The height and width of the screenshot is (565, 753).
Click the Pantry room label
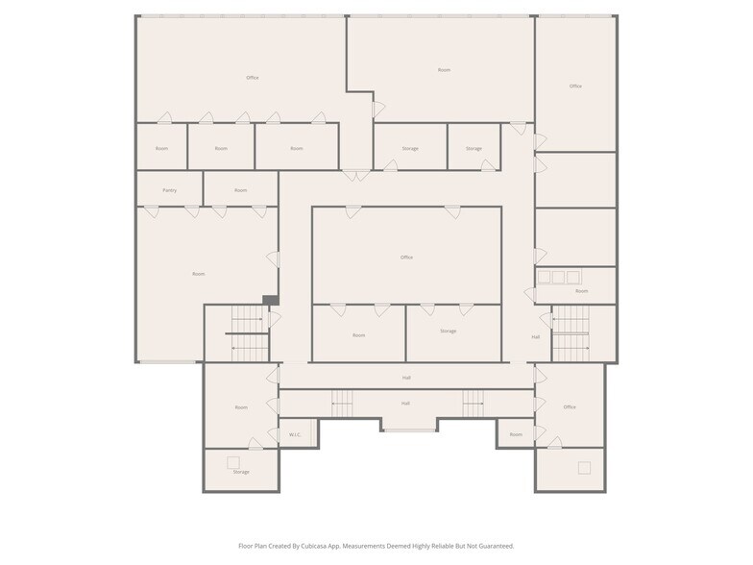click(169, 190)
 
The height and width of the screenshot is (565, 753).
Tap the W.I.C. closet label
click(296, 434)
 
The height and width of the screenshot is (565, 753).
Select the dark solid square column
click(271, 300)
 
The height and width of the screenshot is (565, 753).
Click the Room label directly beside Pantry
click(240, 190)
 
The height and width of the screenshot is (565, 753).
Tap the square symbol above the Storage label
click(233, 462)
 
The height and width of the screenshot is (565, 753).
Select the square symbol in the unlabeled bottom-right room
click(583, 468)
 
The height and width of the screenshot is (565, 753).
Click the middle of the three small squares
click(559, 277)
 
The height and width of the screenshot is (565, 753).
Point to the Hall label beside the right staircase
click(536, 336)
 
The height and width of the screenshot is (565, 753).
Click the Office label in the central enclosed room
click(406, 258)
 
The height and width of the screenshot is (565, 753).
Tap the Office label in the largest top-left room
click(252, 78)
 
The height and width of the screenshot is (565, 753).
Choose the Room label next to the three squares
click(582, 290)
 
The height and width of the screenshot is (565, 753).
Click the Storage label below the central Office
click(449, 332)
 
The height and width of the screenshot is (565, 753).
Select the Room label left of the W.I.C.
click(241, 407)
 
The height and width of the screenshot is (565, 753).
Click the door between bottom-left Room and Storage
click(255, 444)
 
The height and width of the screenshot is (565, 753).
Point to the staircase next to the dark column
click(247, 332)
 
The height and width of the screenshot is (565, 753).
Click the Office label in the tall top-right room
click(575, 86)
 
